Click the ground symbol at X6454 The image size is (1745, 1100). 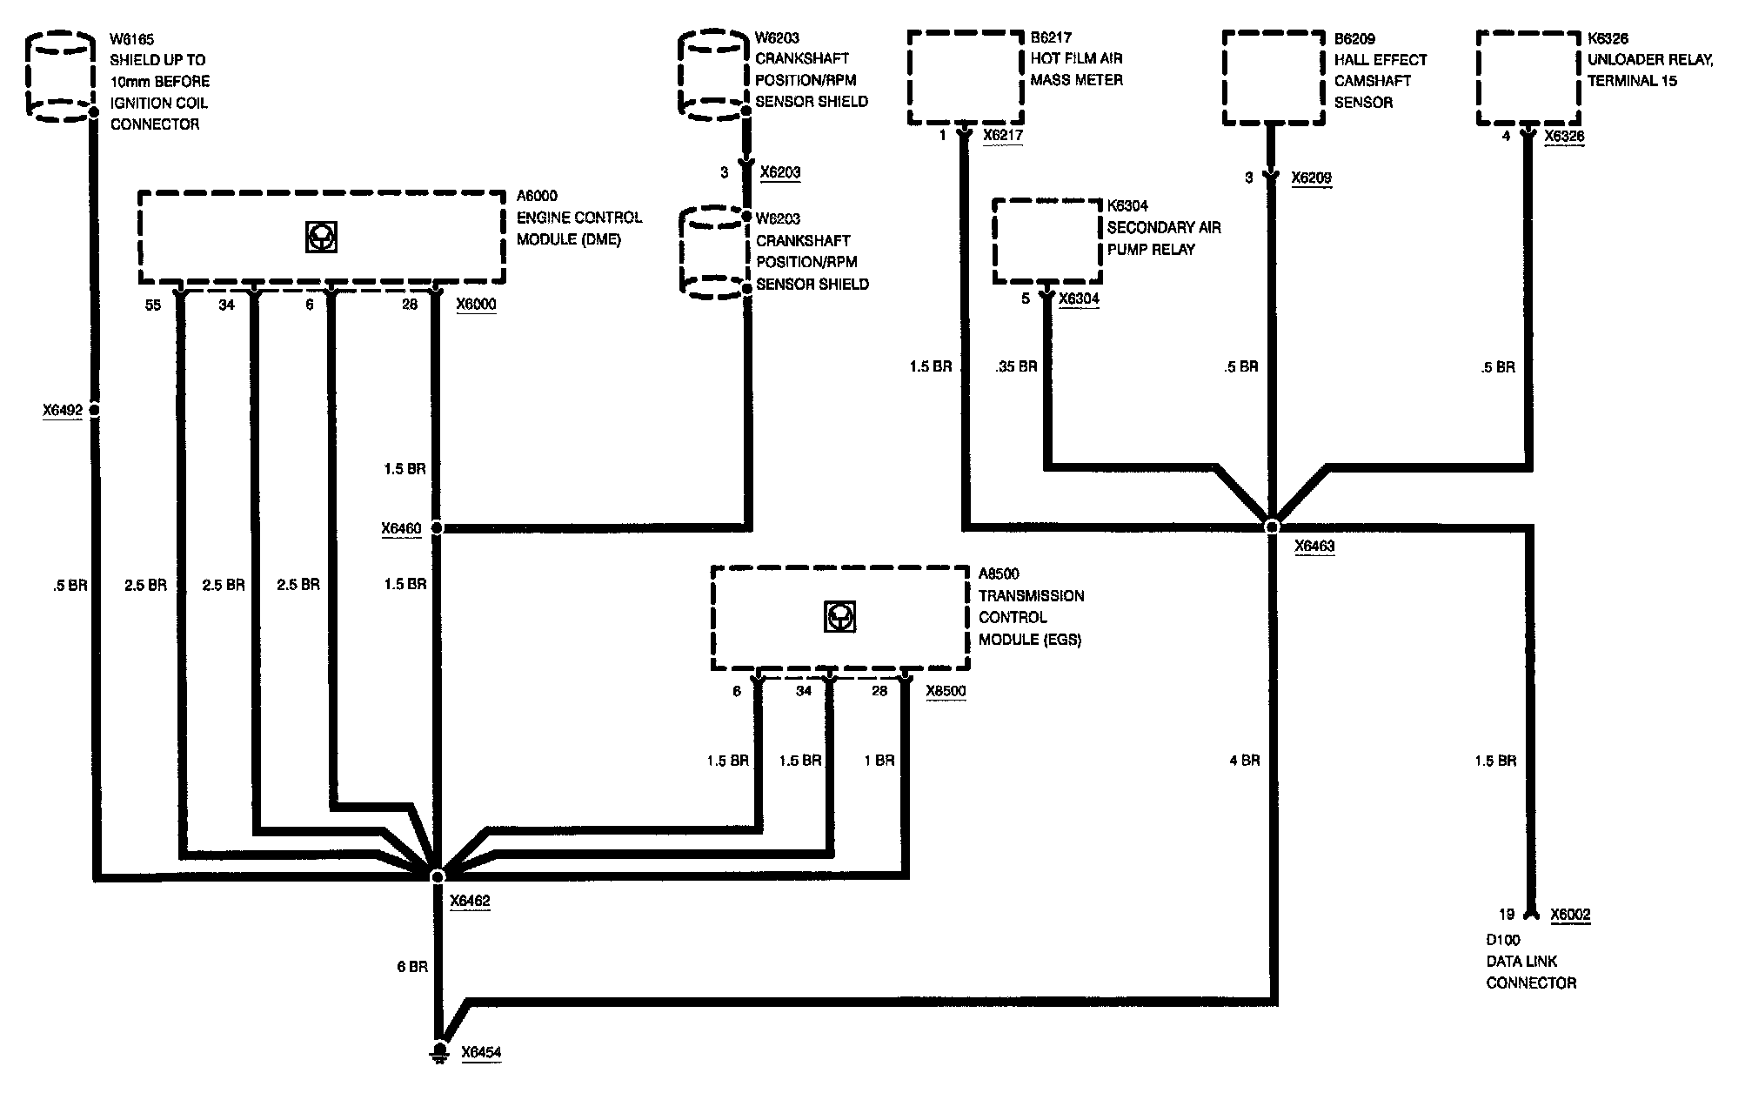click(440, 1052)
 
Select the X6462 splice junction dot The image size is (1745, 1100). click(438, 875)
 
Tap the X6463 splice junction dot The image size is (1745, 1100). click(1272, 527)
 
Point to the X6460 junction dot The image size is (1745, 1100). click(438, 527)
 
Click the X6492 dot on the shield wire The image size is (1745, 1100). click(94, 410)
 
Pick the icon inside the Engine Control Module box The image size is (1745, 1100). click(321, 237)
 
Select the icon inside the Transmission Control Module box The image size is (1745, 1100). click(839, 617)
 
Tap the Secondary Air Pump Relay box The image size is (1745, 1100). click(1047, 241)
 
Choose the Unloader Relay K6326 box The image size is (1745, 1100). click(1528, 78)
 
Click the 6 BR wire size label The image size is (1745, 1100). click(412, 967)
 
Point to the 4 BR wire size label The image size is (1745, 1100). click(1244, 761)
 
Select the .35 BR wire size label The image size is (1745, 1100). click(1016, 366)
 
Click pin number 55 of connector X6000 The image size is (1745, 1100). click(153, 305)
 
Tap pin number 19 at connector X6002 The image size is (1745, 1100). click(1507, 914)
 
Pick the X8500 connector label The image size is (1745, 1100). click(946, 691)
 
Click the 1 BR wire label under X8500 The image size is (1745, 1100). click(879, 761)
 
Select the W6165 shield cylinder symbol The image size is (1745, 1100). click(59, 77)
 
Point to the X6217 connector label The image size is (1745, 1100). click(1003, 135)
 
